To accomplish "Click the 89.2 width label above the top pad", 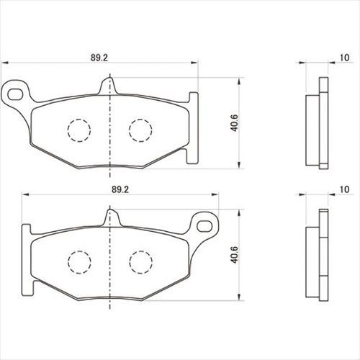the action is point(99,58).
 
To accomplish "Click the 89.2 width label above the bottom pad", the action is point(120,189).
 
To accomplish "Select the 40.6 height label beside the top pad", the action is point(234,123).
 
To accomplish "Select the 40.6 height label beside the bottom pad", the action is point(234,255).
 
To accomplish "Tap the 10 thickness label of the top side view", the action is point(345,58).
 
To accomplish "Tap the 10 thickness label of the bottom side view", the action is point(345,189).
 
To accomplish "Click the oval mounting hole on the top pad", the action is point(15,94).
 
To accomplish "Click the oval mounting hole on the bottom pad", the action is point(204,226).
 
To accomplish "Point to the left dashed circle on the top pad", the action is point(79,130).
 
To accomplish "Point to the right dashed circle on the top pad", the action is point(140,130).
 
